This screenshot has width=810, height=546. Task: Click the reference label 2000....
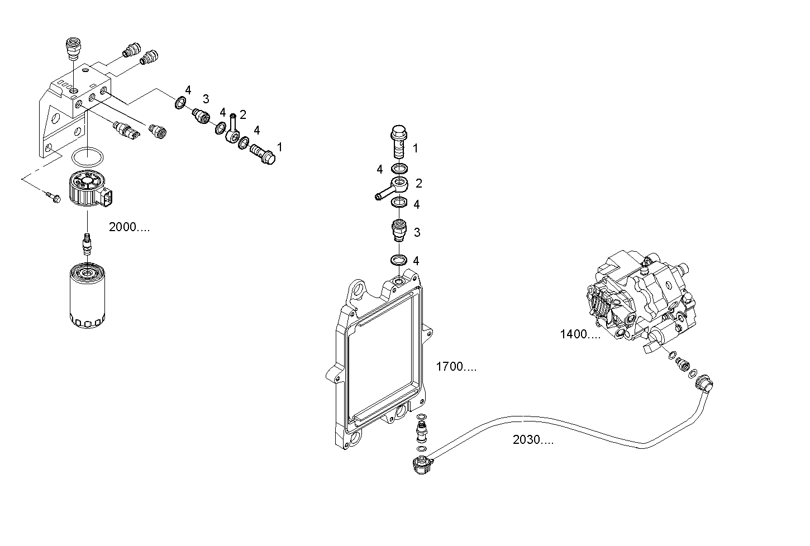pos(129,227)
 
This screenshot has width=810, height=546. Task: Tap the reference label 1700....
pos(456,367)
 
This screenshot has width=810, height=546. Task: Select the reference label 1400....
pos(580,334)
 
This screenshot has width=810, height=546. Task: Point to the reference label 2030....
pos(533,440)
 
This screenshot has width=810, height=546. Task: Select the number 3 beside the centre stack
pos(417,232)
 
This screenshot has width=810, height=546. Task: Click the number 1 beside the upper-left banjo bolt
pos(279,147)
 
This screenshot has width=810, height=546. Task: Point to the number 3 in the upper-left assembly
pos(206,99)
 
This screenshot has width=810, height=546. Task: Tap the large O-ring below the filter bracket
pos(88,157)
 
